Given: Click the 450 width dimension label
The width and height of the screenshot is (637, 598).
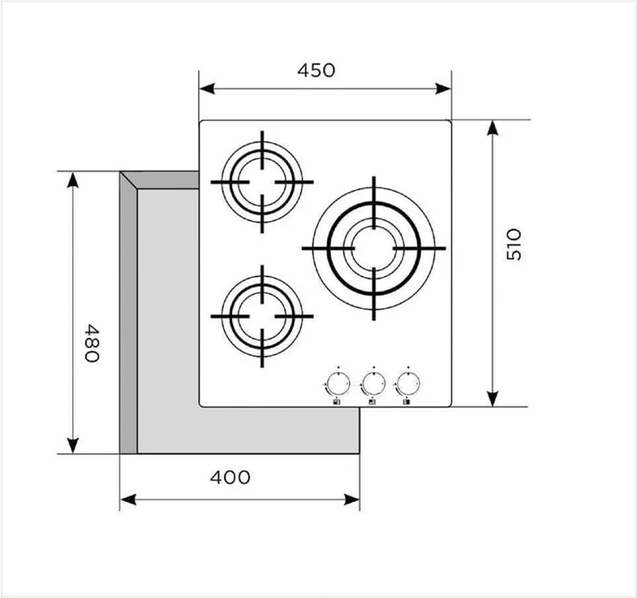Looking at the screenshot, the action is point(316,70).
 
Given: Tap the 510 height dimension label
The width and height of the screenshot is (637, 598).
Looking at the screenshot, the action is point(514,244).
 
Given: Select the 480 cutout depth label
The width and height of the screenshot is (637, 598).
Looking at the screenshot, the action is point(92,342).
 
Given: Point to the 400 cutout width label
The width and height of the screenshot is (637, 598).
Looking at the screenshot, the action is point(230,477).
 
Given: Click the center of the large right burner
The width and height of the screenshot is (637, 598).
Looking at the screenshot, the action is point(373,248).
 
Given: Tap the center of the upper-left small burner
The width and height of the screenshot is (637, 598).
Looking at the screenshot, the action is point(262,182).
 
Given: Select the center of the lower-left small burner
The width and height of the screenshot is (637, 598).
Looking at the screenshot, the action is point(262,316).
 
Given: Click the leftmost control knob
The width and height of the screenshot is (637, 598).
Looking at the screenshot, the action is point(338,383).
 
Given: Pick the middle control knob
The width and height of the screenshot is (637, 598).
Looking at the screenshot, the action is point(373,383).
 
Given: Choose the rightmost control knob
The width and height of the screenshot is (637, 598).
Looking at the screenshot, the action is point(408,383).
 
